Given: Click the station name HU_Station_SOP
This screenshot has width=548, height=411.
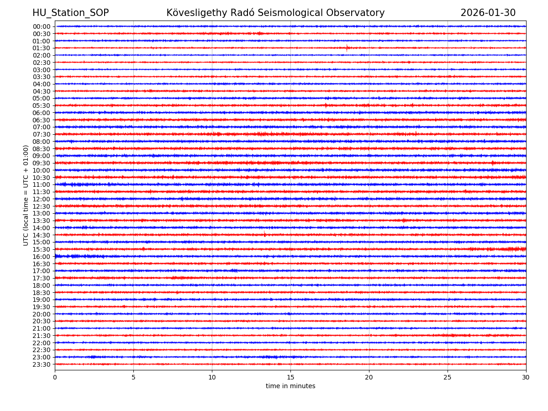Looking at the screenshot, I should coord(70,13).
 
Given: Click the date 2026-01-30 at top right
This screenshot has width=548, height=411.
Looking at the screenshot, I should coord(488,13).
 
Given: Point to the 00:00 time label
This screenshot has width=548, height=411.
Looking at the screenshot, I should coord(42,26).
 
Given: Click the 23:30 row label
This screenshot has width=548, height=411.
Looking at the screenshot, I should coord(42,364).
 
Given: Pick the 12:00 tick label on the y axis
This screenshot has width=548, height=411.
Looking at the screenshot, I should coord(42,199).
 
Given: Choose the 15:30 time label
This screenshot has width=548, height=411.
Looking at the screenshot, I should coord(42,249).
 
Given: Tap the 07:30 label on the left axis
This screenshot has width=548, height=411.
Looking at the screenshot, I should coord(42,134).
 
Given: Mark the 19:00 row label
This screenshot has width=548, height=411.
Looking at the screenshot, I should coord(42,300).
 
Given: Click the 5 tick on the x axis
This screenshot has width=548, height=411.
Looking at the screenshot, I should coord(133,378).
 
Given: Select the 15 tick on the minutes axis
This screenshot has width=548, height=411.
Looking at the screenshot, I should coord(290,378).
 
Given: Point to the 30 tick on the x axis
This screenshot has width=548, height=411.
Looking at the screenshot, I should coord(526,378).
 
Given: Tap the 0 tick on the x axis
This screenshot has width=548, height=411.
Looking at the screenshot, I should coord(55,378).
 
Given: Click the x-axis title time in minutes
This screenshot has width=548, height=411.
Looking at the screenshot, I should coord(290,386).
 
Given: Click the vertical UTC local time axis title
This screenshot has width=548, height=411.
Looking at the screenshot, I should coord(26,195).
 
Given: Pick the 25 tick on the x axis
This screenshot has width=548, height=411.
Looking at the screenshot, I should coord(448,378).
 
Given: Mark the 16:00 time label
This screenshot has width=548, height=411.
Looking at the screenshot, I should coord(42,257).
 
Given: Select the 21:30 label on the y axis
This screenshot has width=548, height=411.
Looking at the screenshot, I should coord(42,336).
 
